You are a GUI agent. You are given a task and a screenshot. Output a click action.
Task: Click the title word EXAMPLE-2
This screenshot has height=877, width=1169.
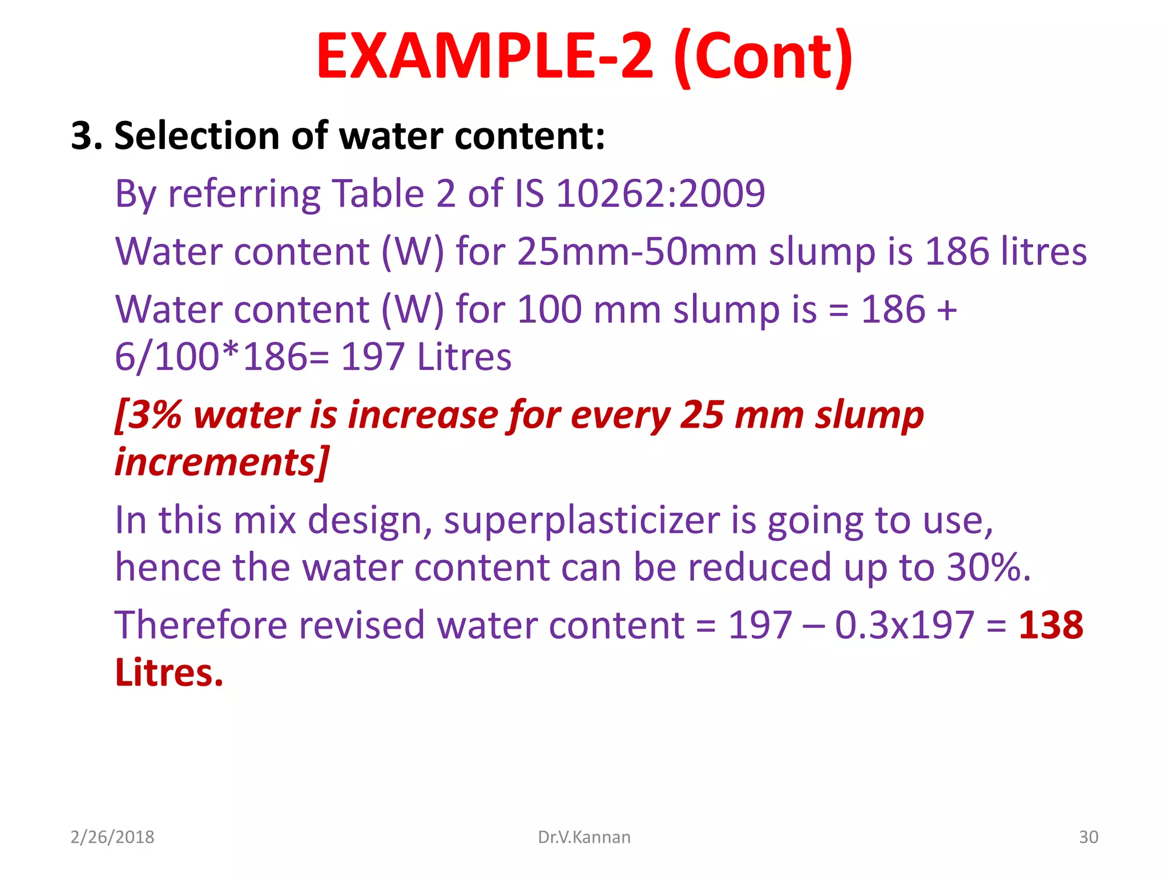(x=485, y=56)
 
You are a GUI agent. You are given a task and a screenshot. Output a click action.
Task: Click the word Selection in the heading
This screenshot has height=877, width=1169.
(x=197, y=136)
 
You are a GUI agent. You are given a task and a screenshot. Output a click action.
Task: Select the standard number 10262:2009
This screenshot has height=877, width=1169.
(x=660, y=193)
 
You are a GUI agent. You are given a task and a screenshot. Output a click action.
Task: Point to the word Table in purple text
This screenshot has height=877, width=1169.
(x=378, y=193)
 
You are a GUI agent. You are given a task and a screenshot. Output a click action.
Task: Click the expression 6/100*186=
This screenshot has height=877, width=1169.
(x=222, y=357)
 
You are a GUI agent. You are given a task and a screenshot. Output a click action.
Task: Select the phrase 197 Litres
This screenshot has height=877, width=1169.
(x=426, y=357)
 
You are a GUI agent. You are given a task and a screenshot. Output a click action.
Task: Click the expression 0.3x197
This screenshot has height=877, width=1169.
(x=904, y=625)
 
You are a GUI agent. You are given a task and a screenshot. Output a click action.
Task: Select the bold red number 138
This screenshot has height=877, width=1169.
(x=1051, y=625)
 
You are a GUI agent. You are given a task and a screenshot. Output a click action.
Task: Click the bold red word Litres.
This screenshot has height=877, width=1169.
(x=168, y=673)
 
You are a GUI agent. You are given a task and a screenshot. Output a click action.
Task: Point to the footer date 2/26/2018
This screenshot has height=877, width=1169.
(x=112, y=837)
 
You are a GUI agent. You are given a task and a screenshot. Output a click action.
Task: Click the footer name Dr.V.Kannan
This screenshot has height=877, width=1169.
(x=584, y=837)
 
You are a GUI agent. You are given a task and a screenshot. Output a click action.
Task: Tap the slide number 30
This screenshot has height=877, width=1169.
(x=1089, y=837)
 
